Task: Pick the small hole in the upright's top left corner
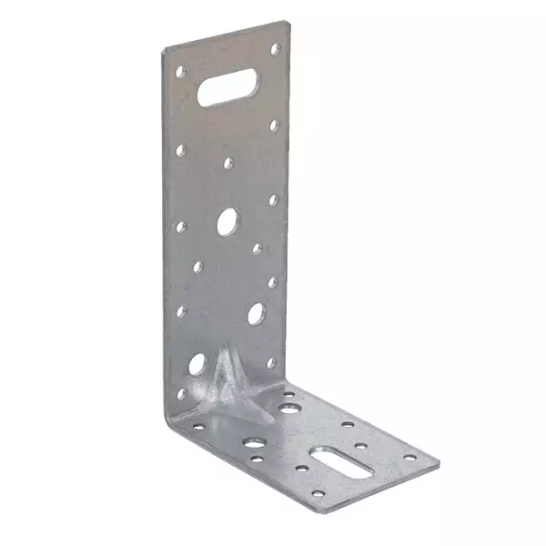[x=180, y=71]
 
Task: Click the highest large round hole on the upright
[x=227, y=220]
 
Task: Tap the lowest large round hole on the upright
[x=197, y=366]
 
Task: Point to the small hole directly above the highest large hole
[x=227, y=165]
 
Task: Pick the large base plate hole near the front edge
[x=256, y=443]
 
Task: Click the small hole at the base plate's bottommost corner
[x=318, y=494]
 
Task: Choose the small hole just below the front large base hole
[x=258, y=460]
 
